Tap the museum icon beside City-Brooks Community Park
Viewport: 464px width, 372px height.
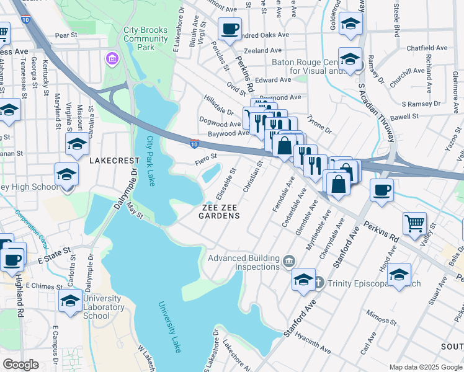(112, 59)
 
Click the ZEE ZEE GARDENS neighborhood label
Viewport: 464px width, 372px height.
(219, 211)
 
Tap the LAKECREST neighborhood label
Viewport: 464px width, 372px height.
(114, 160)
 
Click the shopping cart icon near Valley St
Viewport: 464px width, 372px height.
(414, 223)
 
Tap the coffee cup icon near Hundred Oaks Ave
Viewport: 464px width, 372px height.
(230, 28)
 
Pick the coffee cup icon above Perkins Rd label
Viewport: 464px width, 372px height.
(381, 189)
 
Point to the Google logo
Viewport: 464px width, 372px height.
(20, 365)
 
